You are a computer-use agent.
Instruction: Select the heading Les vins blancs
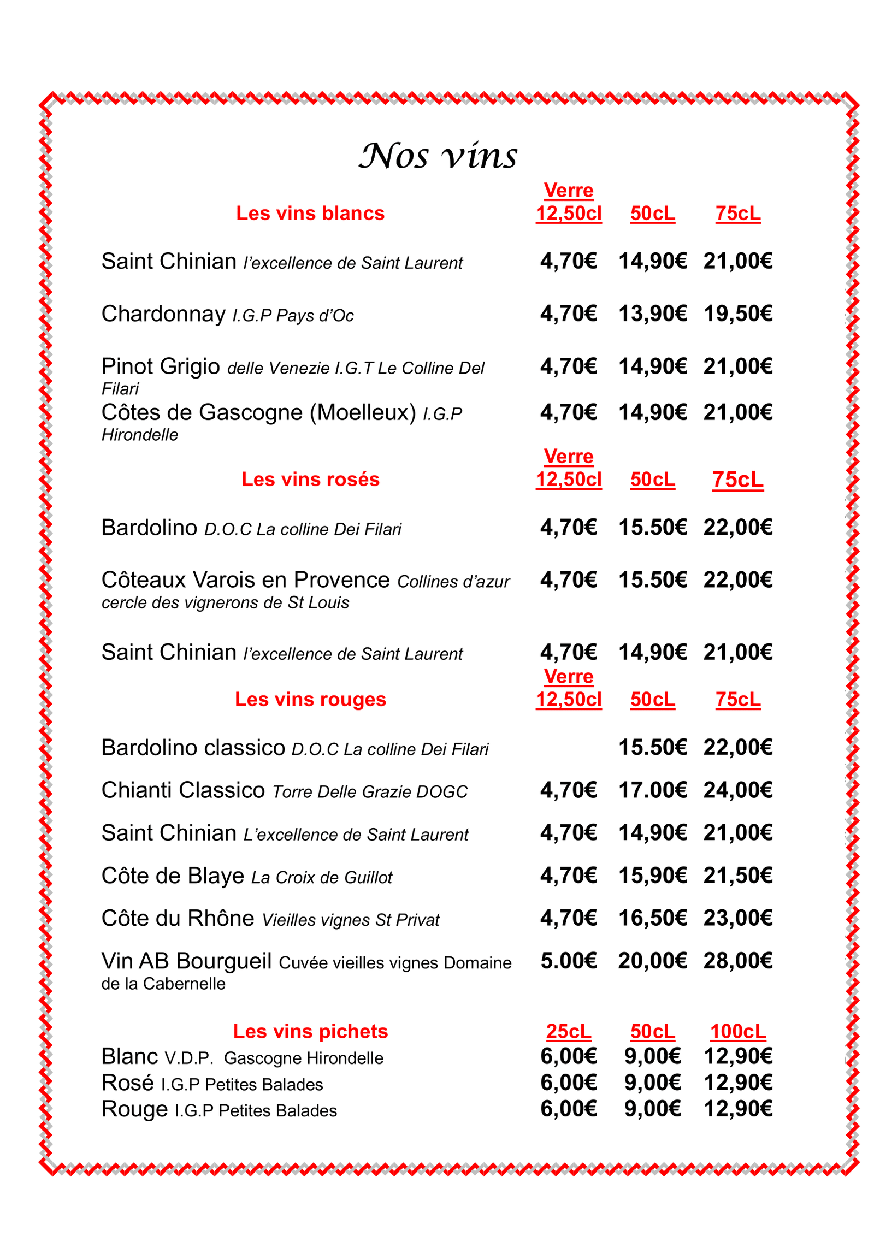(310, 213)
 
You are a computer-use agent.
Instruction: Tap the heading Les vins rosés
(310, 479)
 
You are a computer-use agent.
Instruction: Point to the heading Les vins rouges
(310, 699)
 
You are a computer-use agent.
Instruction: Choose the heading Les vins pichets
(310, 1031)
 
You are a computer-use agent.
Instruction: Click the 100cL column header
(737, 1031)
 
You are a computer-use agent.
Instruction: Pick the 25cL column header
(568, 1031)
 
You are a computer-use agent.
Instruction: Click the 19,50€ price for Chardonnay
(737, 314)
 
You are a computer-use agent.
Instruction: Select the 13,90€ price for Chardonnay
(652, 314)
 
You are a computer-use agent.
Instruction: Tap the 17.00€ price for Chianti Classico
(652, 790)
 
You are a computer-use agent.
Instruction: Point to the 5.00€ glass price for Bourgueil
(568, 961)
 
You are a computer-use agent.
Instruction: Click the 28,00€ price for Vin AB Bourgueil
(737, 961)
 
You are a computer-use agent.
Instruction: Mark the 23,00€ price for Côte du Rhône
(737, 918)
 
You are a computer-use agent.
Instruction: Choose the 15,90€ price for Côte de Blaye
(652, 876)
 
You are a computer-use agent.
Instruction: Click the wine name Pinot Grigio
(161, 366)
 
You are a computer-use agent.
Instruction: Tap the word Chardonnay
(163, 314)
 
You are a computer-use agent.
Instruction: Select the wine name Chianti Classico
(183, 790)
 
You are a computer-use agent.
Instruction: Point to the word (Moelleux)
(363, 412)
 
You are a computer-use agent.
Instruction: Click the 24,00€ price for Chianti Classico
(737, 790)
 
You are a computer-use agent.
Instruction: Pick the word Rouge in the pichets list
(134, 1109)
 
